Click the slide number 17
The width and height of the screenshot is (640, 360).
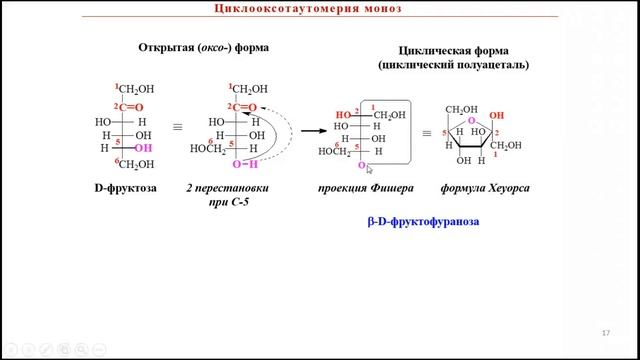click(x=606, y=332)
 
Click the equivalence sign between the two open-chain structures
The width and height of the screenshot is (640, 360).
click(x=178, y=128)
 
